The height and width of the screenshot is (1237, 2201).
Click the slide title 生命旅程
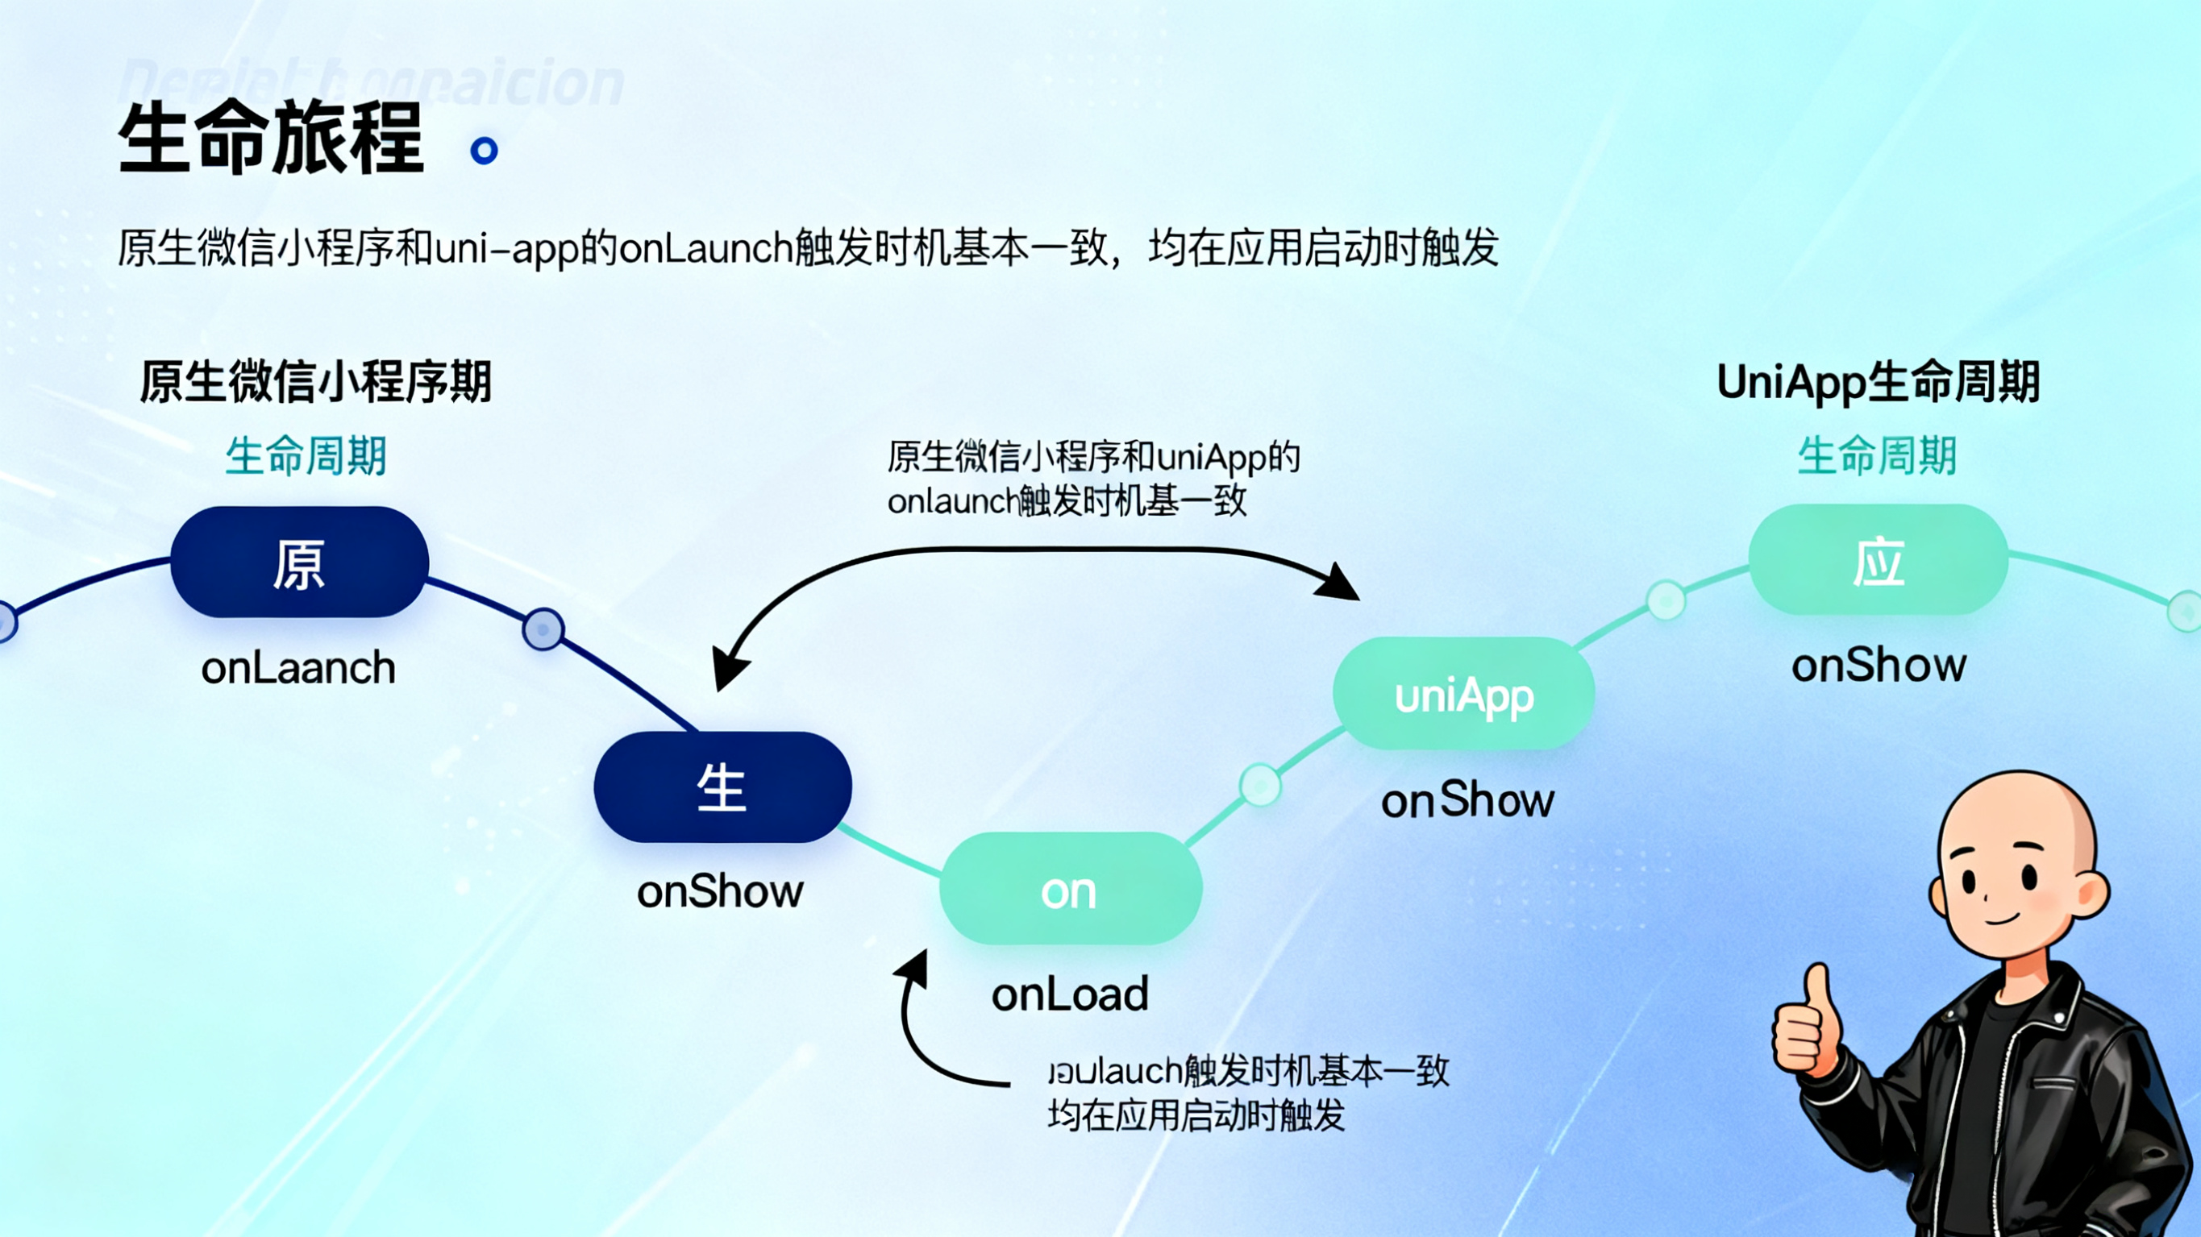[x=271, y=139]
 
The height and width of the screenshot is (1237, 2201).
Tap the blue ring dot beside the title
[x=485, y=151]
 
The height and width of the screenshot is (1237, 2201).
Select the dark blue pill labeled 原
[x=299, y=562]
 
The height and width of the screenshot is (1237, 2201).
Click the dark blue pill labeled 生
[x=722, y=787]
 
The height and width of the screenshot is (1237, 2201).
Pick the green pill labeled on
[x=1070, y=890]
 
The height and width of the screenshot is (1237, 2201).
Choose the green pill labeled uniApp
[x=1463, y=695]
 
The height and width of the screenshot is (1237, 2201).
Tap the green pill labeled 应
[x=1878, y=560]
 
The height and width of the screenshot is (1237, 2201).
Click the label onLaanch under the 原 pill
[x=298, y=668]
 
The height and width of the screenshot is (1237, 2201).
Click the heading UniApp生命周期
[x=1878, y=382]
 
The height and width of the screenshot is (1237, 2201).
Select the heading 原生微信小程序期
[x=315, y=382]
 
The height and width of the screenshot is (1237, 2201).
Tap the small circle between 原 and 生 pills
[x=543, y=629]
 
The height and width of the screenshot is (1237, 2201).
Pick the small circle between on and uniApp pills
[x=1260, y=784]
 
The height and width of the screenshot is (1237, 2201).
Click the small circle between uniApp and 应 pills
[x=1666, y=600]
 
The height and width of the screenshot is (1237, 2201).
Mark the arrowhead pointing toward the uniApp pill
[x=1339, y=585]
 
